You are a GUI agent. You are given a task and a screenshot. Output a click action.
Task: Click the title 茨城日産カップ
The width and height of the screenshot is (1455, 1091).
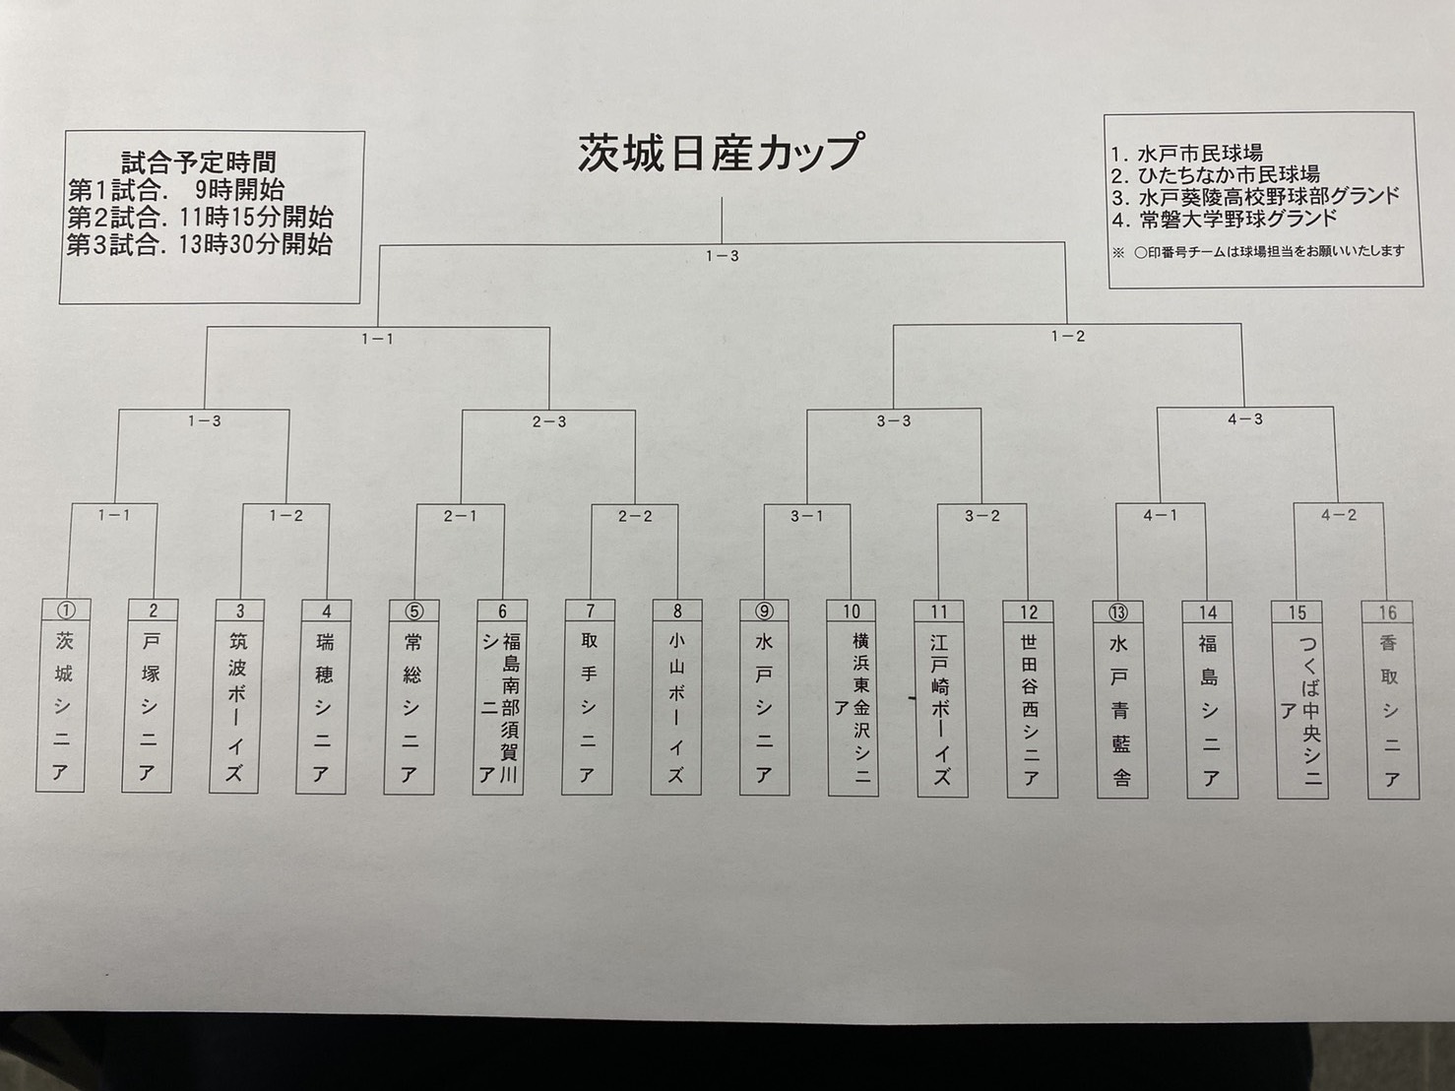click(722, 153)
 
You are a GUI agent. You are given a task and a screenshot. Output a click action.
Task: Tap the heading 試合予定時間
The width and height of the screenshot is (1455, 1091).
click(199, 162)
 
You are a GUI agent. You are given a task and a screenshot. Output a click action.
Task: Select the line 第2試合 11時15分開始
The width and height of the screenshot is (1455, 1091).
click(200, 217)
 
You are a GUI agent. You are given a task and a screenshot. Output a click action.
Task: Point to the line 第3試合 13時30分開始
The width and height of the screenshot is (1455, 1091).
click(200, 244)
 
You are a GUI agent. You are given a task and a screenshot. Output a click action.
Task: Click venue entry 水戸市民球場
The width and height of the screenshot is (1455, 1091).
click(1187, 154)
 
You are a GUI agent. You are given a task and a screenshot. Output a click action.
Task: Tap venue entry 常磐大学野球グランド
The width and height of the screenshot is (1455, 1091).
click(1225, 219)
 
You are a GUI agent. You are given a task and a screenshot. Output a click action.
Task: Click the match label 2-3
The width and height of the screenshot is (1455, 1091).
click(549, 421)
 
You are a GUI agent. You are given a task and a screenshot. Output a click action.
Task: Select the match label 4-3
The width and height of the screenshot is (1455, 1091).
click(1245, 418)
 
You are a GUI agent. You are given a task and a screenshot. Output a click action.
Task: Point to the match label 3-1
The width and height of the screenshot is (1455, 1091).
click(806, 516)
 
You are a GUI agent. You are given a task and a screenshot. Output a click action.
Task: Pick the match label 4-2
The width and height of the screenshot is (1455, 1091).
click(1338, 514)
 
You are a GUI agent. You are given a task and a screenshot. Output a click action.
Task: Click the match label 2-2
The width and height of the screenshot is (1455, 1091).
click(635, 516)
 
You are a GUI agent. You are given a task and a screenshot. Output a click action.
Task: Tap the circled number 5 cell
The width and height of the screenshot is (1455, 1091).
click(412, 610)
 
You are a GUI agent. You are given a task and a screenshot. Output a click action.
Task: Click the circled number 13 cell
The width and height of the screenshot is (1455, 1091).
click(1118, 611)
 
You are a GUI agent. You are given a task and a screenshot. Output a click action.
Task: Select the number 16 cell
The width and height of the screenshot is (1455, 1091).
click(1387, 611)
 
